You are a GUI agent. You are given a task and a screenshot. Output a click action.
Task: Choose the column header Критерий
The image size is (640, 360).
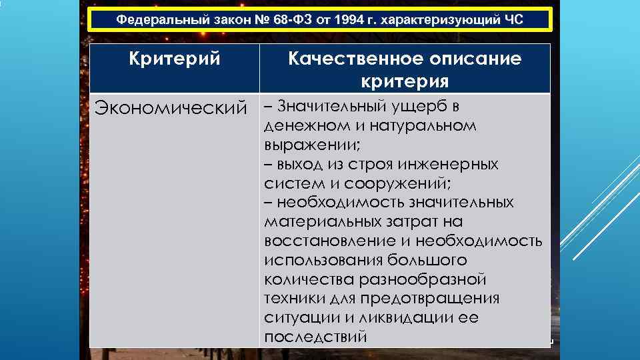[x=174, y=59]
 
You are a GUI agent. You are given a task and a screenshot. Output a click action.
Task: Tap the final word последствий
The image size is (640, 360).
[x=315, y=337]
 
